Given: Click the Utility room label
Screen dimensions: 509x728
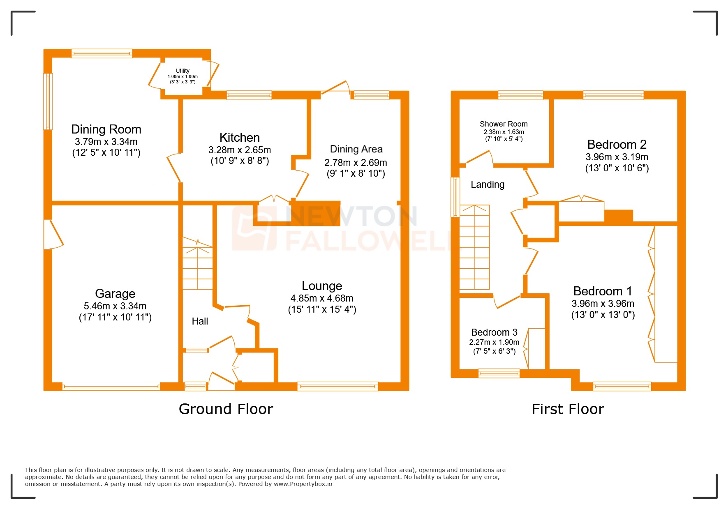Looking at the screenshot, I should coord(183,71).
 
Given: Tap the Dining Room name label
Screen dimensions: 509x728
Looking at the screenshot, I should coord(106,129).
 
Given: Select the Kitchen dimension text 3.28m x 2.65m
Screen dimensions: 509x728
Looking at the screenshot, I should coord(239,150).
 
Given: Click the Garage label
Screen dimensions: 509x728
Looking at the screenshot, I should coord(115,293).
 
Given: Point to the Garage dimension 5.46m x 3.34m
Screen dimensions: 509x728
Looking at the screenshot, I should coord(115,306).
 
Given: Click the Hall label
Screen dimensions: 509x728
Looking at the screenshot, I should coord(200,321).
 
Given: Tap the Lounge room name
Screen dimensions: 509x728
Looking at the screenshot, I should coord(322,286).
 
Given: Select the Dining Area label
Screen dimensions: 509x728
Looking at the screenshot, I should coord(356,149).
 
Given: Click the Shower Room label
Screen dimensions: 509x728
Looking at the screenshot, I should coord(504,124).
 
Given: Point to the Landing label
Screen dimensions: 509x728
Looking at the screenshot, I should coord(488,184).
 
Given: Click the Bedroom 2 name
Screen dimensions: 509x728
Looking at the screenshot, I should coord(617,145).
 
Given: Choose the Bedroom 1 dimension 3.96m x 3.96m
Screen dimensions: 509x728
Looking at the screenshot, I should coord(603,304).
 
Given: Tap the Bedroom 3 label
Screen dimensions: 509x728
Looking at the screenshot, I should coord(494,332).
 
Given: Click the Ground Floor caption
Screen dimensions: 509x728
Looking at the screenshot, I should coord(226,409).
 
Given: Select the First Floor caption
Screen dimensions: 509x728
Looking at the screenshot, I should coord(568,409).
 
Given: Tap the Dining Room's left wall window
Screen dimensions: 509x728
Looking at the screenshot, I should coord(48,101).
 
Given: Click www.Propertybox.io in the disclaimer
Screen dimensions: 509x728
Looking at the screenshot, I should coord(303,484).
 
